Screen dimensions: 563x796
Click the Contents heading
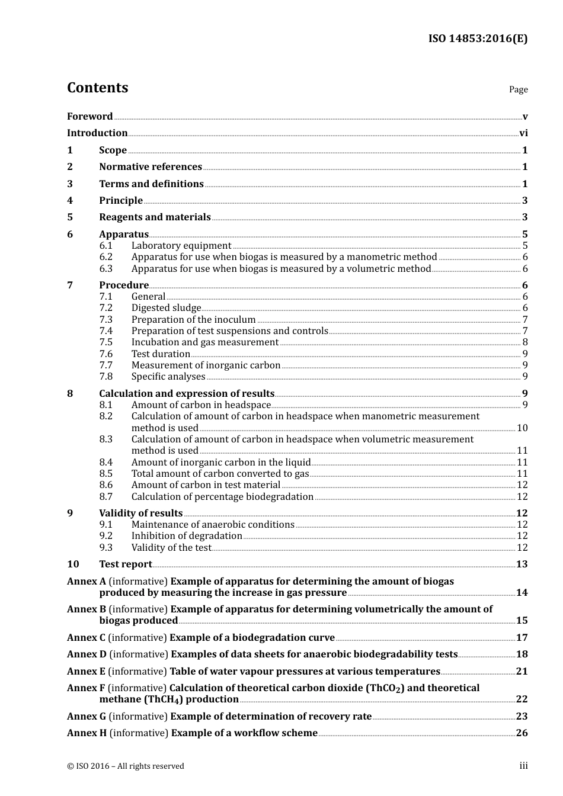pos(97,88)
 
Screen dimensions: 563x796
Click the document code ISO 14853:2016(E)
pos(478,38)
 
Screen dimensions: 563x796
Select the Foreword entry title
pos(89,117)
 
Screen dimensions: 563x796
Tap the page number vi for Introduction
pos(523,133)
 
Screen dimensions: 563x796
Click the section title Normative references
pos(151,167)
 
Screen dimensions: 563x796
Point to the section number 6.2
pos(105,257)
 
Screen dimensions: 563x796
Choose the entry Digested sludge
pos(166,308)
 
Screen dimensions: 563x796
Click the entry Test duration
pos(161,354)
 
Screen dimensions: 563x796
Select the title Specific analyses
pos(168,377)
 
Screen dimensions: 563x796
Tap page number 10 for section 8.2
pos(522,428)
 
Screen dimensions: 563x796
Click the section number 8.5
pos(105,474)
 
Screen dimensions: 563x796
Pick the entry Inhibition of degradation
pos(187,536)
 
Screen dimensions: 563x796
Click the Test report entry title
pos(126,564)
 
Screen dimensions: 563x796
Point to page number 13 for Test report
pos(522,564)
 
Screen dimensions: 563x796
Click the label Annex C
pos(86,638)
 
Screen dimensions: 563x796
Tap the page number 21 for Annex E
pos(522,672)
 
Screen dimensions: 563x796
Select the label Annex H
pos(87,733)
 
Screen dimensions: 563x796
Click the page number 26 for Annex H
pos(522,733)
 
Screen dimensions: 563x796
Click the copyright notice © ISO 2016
pos(125,766)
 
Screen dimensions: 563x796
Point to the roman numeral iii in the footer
pos(523,766)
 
